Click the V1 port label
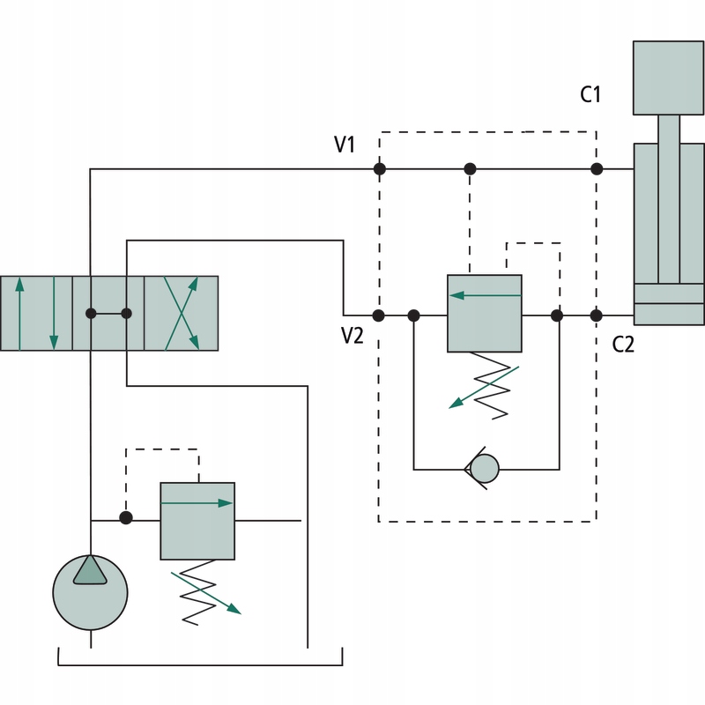click(x=345, y=144)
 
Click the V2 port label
click(x=352, y=337)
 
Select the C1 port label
click(x=590, y=93)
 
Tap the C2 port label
click(x=623, y=345)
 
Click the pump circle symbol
click(x=90, y=591)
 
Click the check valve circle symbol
click(x=484, y=467)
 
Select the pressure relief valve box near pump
click(x=197, y=521)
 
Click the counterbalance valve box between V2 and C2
click(x=485, y=314)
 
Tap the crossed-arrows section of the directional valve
click(x=181, y=313)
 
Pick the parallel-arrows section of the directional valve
click(x=36, y=313)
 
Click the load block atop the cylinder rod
click(x=669, y=77)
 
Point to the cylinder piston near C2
click(x=669, y=293)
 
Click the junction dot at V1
click(x=380, y=168)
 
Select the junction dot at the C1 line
click(x=597, y=168)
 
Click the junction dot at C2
click(x=597, y=315)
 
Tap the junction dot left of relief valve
click(x=126, y=518)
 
